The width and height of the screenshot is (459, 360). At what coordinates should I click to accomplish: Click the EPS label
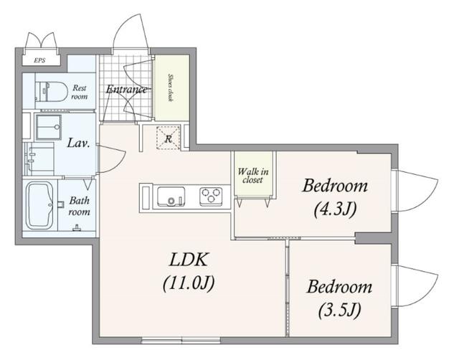pyautogui.click(x=39, y=60)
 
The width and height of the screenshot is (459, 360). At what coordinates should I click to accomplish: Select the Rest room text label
pyautogui.click(x=80, y=92)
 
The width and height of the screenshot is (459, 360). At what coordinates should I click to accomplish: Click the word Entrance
pyautogui.click(x=126, y=89)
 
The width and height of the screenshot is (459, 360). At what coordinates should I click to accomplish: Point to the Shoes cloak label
pyautogui.click(x=170, y=87)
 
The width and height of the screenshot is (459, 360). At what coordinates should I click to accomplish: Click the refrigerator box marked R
pyautogui.click(x=168, y=138)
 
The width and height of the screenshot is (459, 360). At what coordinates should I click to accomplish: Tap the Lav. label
pyautogui.click(x=78, y=143)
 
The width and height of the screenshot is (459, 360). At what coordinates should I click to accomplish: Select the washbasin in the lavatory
pyautogui.click(x=48, y=128)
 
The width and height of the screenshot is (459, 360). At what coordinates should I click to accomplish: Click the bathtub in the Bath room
pyautogui.click(x=39, y=206)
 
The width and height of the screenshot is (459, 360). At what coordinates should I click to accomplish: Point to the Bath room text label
pyautogui.click(x=80, y=206)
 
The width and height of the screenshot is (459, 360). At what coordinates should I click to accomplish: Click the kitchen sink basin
pyautogui.click(x=171, y=196)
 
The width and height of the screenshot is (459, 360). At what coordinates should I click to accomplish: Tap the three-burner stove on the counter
pyautogui.click(x=211, y=196)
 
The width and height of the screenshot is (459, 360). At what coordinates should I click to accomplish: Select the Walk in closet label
pyautogui.click(x=253, y=175)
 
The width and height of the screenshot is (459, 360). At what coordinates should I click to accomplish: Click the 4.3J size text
pyautogui.click(x=335, y=209)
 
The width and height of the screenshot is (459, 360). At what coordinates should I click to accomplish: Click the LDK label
pyautogui.click(x=189, y=260)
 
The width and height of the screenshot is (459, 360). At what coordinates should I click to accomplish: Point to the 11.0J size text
pyautogui.click(x=189, y=283)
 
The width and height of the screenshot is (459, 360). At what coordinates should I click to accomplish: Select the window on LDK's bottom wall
pyautogui.click(x=181, y=341)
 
